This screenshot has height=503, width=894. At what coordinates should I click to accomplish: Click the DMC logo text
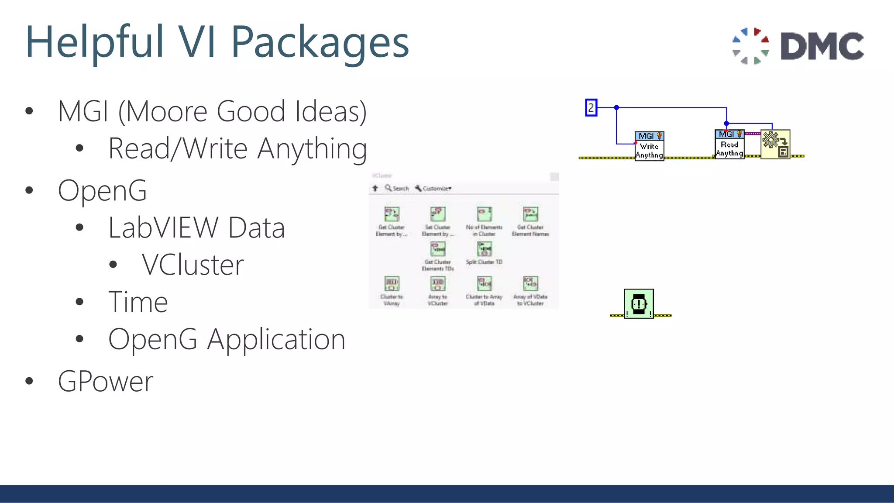(x=822, y=46)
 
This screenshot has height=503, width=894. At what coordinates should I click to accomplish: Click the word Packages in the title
(x=320, y=42)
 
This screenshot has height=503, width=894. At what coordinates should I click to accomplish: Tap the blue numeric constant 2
(x=591, y=107)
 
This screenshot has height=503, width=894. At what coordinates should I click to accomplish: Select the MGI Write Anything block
(x=649, y=146)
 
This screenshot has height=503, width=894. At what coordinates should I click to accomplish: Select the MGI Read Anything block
(x=729, y=145)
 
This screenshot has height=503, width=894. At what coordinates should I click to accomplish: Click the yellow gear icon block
(x=775, y=144)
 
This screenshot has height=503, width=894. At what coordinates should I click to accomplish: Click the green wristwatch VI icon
(x=639, y=303)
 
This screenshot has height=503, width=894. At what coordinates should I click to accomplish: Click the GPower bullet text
(x=106, y=381)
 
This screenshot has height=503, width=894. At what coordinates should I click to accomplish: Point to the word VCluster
(x=193, y=265)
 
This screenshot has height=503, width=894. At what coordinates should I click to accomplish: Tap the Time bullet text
(x=138, y=302)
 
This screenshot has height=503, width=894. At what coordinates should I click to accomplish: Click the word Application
(x=276, y=340)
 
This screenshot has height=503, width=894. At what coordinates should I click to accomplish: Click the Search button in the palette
(x=397, y=188)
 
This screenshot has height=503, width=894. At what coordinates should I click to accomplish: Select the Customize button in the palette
(x=433, y=188)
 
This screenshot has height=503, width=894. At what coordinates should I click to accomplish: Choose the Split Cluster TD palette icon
(x=484, y=249)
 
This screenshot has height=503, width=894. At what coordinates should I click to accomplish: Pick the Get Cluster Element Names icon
(x=530, y=214)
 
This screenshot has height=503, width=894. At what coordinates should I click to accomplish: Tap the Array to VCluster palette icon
(x=437, y=284)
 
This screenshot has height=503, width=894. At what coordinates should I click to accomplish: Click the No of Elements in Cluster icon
(x=484, y=214)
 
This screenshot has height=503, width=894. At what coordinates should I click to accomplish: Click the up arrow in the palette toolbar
(x=375, y=188)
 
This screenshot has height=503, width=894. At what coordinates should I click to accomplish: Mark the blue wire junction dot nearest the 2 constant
(x=616, y=107)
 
